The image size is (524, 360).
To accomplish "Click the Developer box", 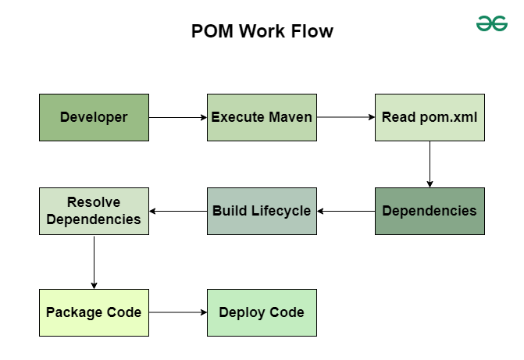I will tap(94, 117).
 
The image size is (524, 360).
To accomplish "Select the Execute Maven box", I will tap(262, 117).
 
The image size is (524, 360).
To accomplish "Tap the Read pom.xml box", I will tap(430, 117).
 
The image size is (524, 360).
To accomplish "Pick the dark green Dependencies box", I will tap(430, 211).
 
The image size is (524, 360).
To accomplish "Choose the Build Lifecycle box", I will tap(262, 211).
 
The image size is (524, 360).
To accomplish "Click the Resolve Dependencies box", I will tap(94, 211).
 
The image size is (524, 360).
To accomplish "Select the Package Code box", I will tap(94, 312).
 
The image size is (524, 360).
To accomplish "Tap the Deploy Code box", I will tap(262, 312).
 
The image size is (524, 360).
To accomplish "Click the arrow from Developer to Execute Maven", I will tap(178, 118).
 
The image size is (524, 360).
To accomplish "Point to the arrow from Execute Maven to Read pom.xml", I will tap(346, 118).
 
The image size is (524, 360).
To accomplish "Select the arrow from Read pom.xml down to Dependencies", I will tap(430, 164).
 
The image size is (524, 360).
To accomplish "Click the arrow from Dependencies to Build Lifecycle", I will tap(346, 211).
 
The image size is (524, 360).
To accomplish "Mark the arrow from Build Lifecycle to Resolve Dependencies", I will tap(178, 211).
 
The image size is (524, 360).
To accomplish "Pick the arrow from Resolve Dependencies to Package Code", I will tap(94, 262).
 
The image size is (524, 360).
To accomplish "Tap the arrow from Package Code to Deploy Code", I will tap(178, 312).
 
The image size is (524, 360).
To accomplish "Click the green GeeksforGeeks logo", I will tap(492, 24).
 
